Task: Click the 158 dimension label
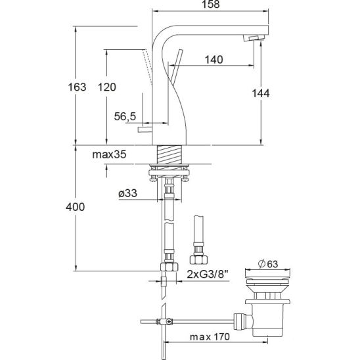tap(210, 4)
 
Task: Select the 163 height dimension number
tap(77, 87)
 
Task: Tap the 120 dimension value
tap(107, 87)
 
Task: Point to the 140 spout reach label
tap(214, 60)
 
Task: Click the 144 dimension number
tap(261, 93)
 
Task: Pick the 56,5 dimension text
tap(125, 116)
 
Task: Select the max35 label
tap(109, 154)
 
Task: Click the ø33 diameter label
tap(127, 193)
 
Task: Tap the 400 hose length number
tap(76, 207)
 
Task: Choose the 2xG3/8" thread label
tap(208, 274)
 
